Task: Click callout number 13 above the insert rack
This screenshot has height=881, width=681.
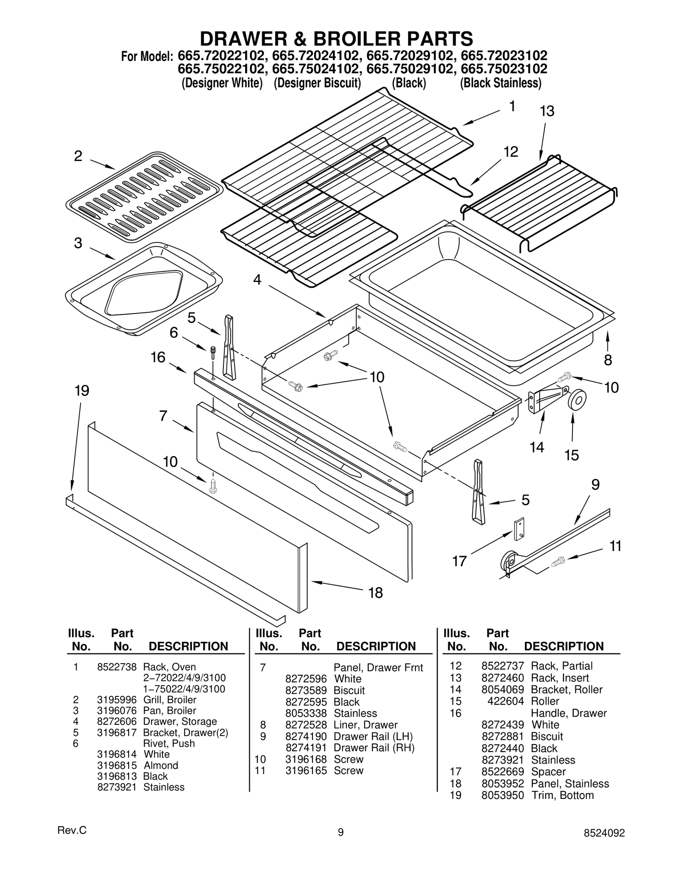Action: (x=547, y=111)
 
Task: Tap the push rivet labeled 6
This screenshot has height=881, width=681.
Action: (x=212, y=353)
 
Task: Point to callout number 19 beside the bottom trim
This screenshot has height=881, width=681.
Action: (x=82, y=391)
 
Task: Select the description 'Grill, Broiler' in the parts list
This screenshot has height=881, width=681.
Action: (x=169, y=700)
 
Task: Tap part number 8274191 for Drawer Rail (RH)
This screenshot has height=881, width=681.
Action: (x=306, y=747)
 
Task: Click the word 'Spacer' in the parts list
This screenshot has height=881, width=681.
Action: (x=548, y=771)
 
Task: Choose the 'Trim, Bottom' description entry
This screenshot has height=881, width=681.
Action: (x=562, y=795)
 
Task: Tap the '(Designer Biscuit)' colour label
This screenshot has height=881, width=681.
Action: (x=317, y=83)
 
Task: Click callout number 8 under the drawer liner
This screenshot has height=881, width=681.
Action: (x=608, y=360)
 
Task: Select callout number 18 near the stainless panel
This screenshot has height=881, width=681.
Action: (x=375, y=593)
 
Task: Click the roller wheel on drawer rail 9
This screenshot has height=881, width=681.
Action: (x=509, y=562)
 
